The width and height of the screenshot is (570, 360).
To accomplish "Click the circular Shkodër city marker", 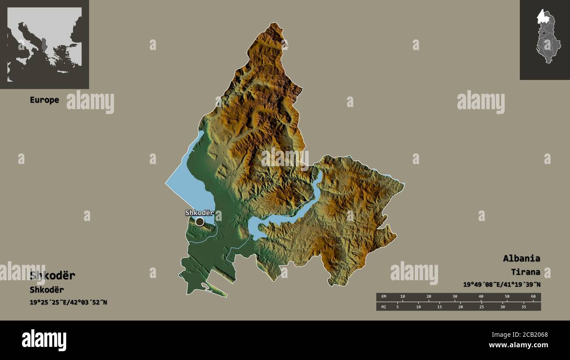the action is pyautogui.click(x=200, y=222).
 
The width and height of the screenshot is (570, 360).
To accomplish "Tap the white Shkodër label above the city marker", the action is pyautogui.click(x=199, y=213).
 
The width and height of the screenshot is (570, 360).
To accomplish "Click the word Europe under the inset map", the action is pyautogui.click(x=44, y=100).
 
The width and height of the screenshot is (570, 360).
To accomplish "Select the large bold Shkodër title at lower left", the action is pyautogui.click(x=53, y=276).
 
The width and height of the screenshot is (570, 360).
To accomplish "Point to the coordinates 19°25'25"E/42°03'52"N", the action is pyautogui.click(x=68, y=302).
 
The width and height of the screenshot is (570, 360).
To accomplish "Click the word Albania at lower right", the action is pyautogui.click(x=521, y=258).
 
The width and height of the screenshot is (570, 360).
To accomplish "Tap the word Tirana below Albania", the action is pyautogui.click(x=525, y=272).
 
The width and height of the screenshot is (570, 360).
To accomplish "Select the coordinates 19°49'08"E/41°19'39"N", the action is pyautogui.click(x=502, y=285).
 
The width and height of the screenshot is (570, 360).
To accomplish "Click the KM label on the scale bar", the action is pyautogui.click(x=384, y=297).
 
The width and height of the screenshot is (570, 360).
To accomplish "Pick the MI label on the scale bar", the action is pyautogui.click(x=384, y=307).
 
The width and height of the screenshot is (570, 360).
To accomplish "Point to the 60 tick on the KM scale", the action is pyautogui.click(x=533, y=297).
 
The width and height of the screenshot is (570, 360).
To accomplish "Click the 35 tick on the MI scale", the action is pyautogui.click(x=523, y=307).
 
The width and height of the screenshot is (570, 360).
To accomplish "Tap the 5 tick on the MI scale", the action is pyautogui.click(x=397, y=307).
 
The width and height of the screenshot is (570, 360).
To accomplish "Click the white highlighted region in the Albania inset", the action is pyautogui.click(x=544, y=17).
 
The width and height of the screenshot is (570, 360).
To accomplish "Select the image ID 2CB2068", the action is pyautogui.click(x=532, y=335).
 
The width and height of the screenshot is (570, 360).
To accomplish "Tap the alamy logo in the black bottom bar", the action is pyautogui.click(x=44, y=340).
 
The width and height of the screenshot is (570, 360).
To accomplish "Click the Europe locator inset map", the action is pyautogui.click(x=44, y=44).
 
